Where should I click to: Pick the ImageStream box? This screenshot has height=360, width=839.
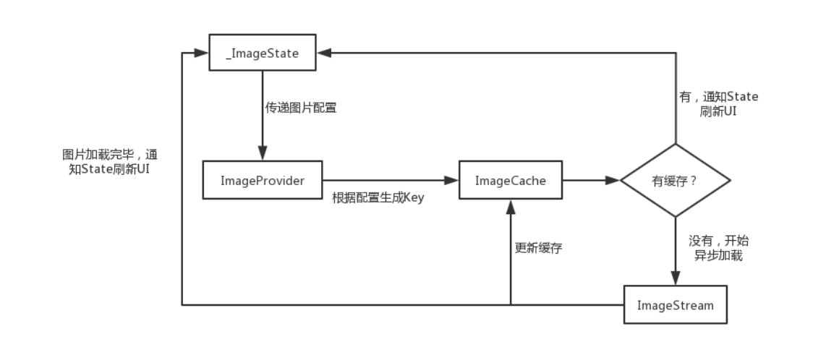(x=675, y=304)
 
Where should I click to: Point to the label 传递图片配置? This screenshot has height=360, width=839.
(x=300, y=110)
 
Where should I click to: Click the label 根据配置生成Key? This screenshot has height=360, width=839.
(x=378, y=198)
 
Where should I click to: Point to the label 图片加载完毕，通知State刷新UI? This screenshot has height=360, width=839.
(x=110, y=162)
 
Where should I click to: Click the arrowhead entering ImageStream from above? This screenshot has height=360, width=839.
(x=675, y=280)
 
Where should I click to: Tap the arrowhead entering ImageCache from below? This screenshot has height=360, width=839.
(x=511, y=205)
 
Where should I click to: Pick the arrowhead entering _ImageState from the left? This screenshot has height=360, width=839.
(x=203, y=53)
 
